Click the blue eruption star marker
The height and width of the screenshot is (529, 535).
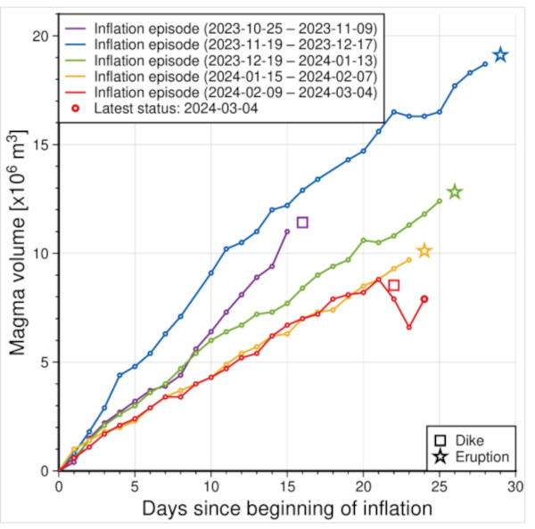(501, 55)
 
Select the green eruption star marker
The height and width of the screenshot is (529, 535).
(455, 191)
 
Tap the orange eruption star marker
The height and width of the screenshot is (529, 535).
(424, 251)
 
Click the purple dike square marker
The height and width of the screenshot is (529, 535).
(302, 222)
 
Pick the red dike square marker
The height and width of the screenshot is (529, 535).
(394, 285)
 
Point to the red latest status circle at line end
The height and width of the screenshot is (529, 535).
(424, 299)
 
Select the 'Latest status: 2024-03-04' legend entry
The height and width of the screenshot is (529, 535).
(179, 108)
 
